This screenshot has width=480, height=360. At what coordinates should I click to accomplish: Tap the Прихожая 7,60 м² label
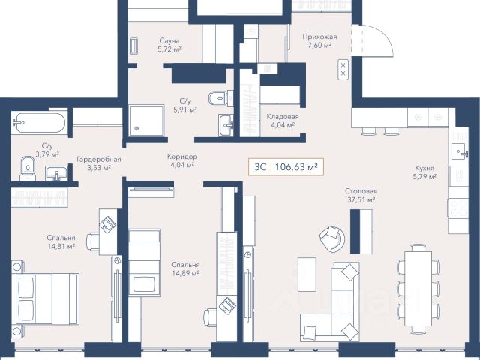[319, 41]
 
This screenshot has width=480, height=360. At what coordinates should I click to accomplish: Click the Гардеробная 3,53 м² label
[98, 163]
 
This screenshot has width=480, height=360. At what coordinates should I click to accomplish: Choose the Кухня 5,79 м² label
[424, 172]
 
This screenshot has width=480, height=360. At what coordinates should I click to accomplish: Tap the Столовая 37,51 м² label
[361, 196]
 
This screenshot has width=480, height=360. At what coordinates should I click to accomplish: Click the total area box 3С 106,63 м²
[286, 167]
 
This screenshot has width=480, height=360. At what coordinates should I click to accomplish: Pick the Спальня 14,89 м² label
[185, 268]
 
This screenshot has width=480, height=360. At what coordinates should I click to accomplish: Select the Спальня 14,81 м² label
[61, 241]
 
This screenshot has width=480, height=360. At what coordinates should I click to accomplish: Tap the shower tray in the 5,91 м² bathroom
[146, 121]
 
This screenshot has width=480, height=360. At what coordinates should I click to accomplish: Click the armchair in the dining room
[331, 238]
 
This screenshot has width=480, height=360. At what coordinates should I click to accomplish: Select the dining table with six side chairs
[418, 289]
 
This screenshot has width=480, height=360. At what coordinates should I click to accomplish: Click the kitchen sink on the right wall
[459, 151]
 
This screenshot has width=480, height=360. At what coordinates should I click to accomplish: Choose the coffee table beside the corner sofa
[307, 274]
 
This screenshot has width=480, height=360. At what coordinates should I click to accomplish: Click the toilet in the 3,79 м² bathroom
[28, 168]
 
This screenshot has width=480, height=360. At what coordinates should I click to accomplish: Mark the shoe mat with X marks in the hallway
[343, 70]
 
